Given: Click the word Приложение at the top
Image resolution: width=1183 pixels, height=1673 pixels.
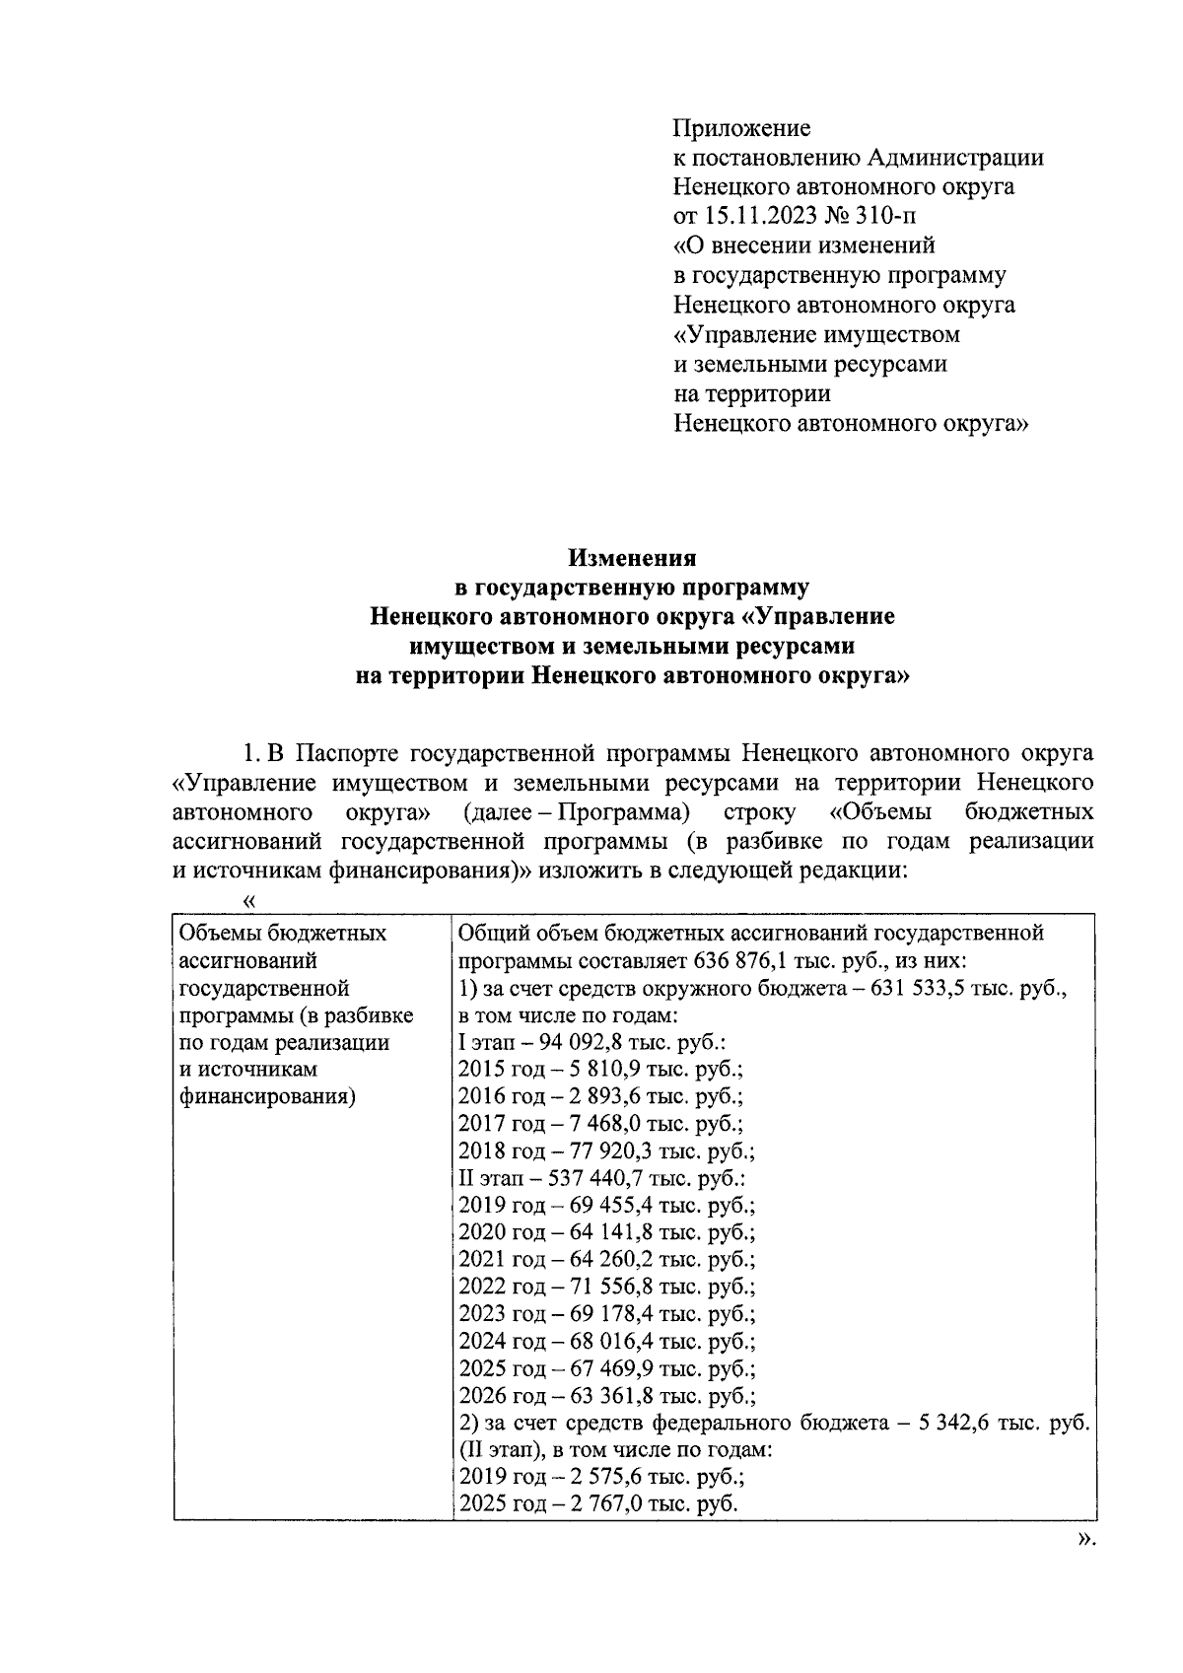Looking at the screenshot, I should point(741,128).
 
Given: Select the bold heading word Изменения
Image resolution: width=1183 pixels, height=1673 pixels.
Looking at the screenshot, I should point(632,559).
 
